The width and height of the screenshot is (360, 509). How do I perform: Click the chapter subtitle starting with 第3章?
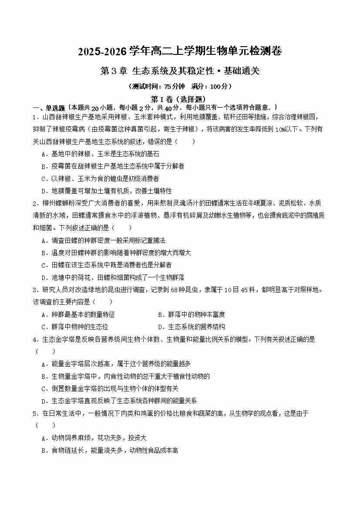click(179, 71)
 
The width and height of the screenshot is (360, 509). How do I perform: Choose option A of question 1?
click(100, 154)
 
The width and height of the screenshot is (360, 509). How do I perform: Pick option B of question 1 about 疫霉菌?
click(112, 166)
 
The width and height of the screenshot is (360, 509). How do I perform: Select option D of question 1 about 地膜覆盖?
click(106, 191)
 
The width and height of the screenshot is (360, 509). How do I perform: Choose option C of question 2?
click(106, 265)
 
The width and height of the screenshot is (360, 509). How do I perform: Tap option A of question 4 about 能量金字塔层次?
click(115, 364)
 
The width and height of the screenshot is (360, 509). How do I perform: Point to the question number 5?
click(34, 414)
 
